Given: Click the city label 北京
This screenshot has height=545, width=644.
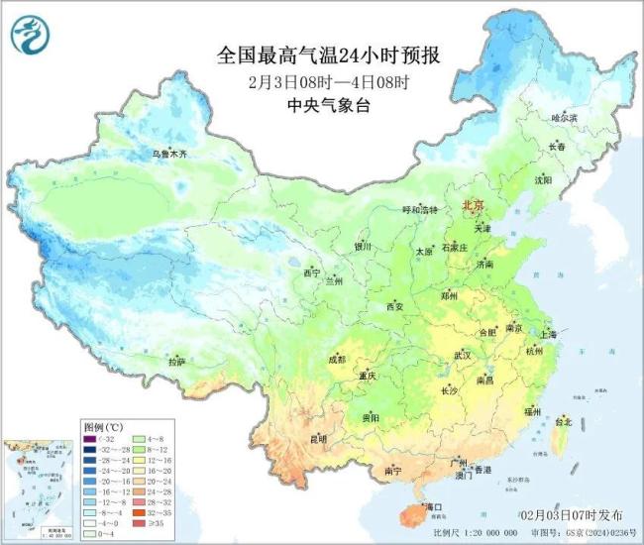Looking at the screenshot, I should click(x=475, y=205).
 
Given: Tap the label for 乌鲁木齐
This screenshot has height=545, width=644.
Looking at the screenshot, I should click(x=168, y=154).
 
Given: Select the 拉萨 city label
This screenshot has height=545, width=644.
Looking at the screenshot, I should click(x=176, y=363).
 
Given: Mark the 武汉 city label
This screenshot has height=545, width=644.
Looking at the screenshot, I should click(x=463, y=355).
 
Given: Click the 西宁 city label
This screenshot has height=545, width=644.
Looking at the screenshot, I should click(x=312, y=272).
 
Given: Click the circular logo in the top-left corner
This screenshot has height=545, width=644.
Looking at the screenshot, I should click(x=31, y=36).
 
